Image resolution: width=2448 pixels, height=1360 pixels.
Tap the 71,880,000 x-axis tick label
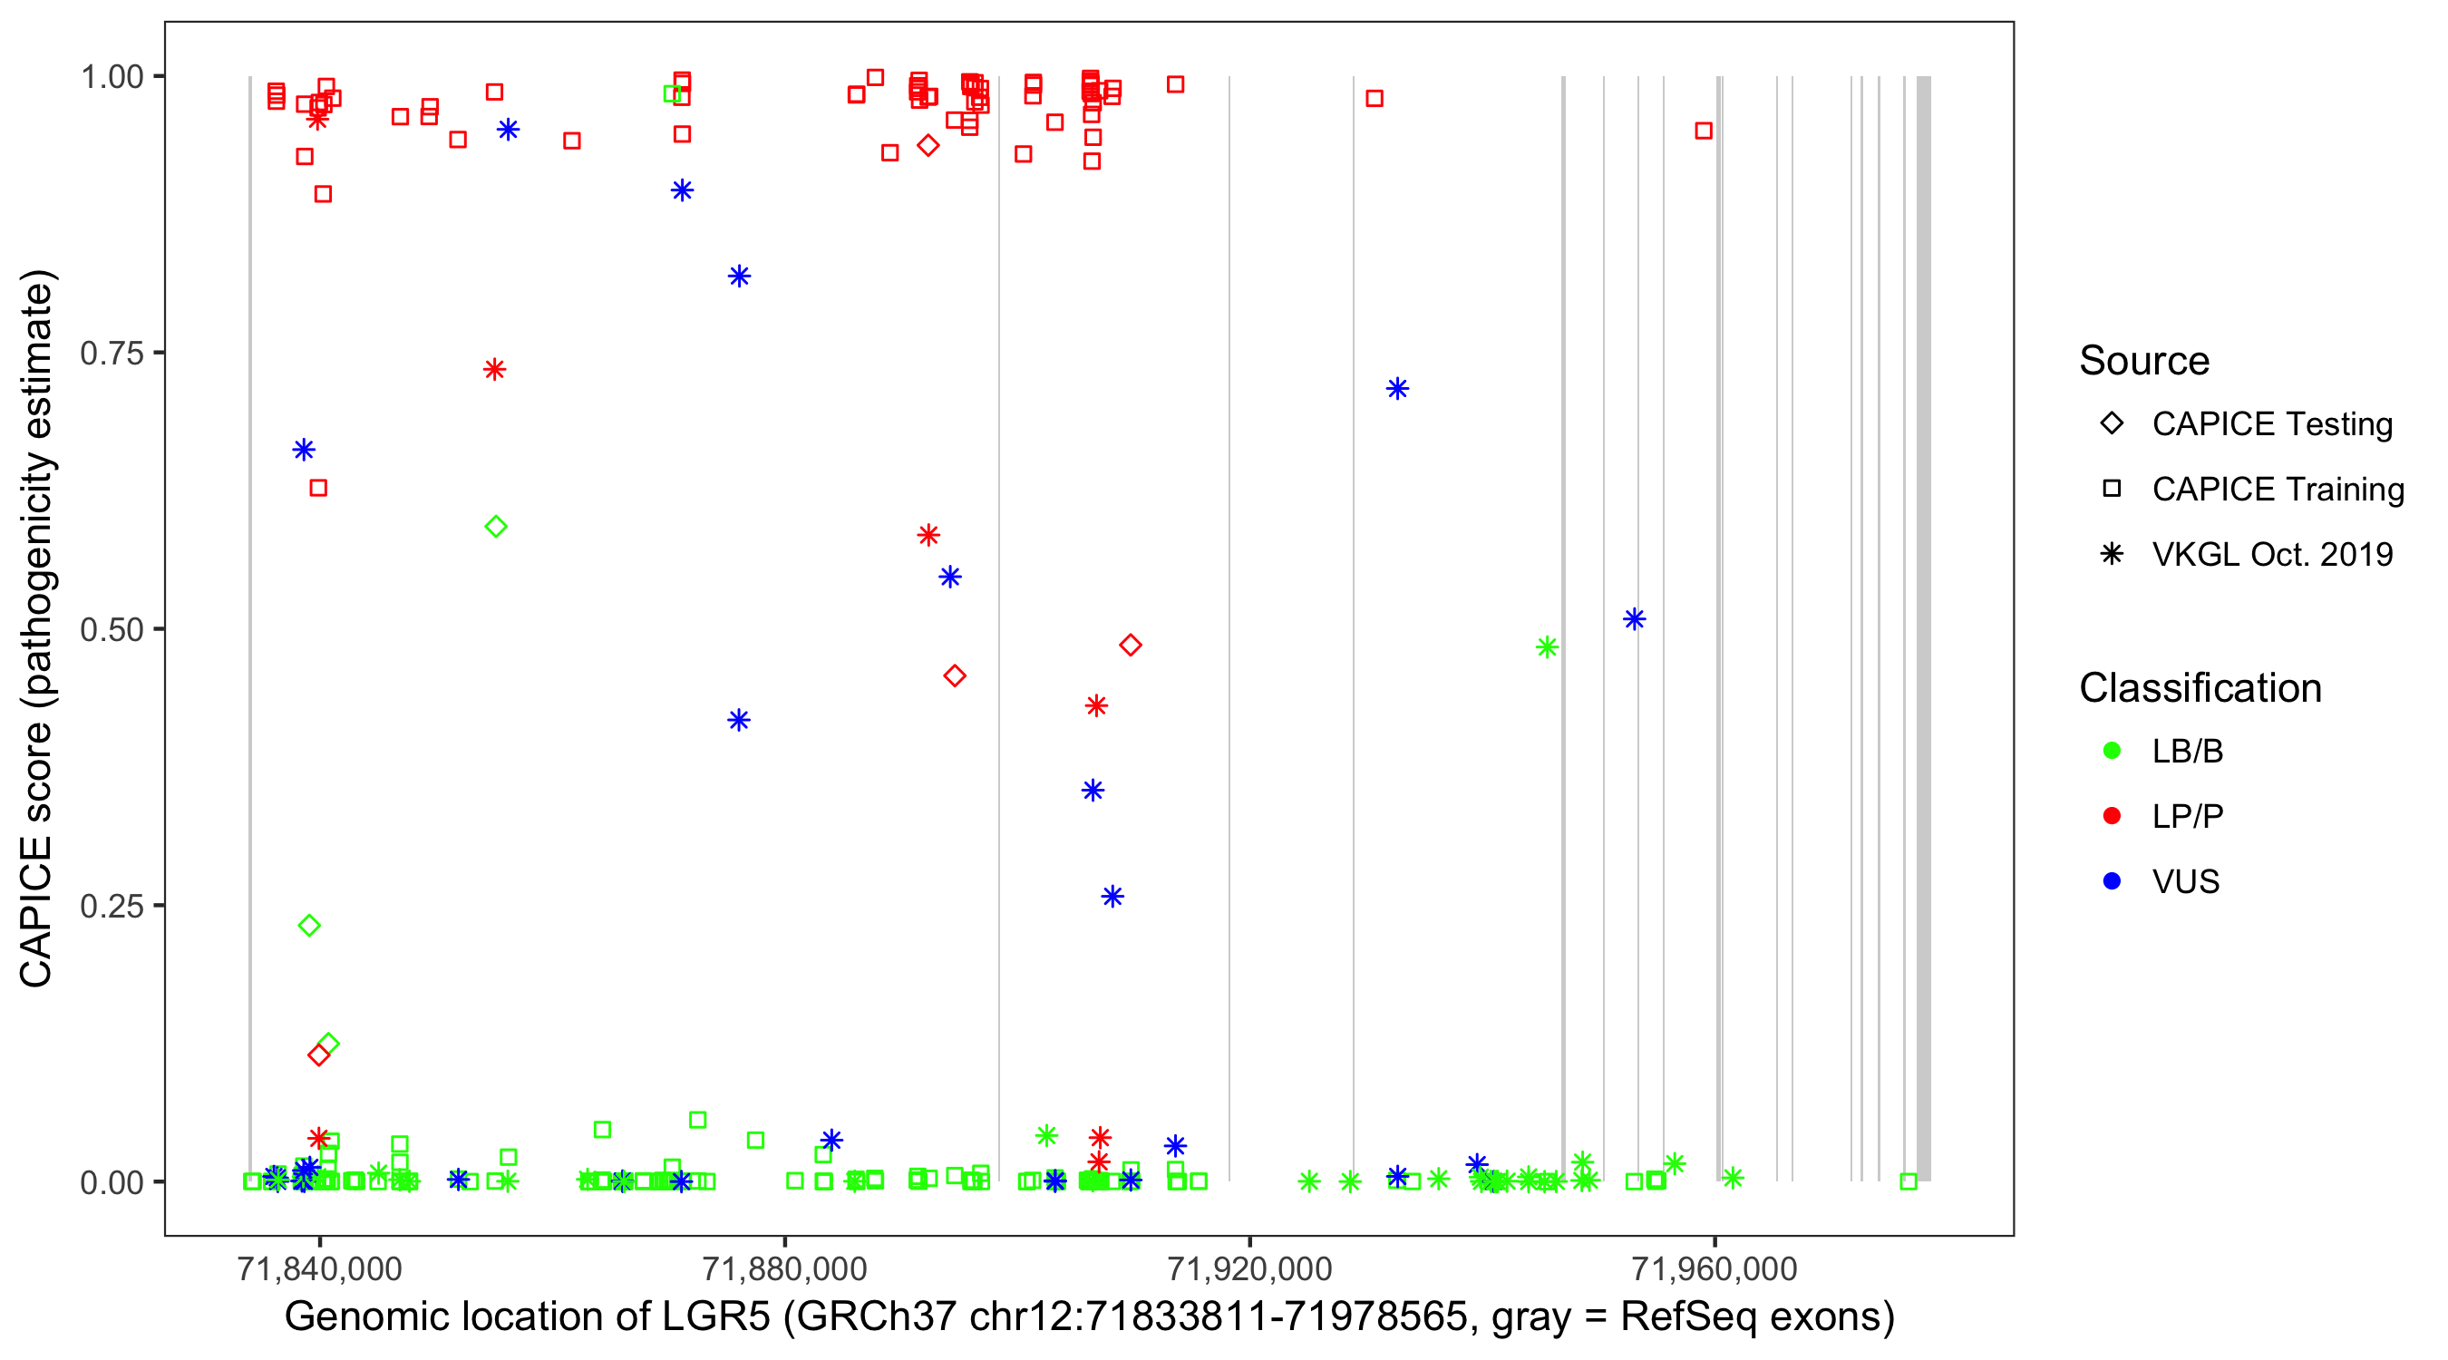(784, 1268)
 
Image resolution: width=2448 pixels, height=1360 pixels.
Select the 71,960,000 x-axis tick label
(1715, 1268)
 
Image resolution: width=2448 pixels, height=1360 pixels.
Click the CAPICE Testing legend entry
(2271, 424)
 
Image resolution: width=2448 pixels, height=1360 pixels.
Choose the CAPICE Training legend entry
(2277, 490)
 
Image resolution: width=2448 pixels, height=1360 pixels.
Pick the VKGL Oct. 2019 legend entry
(2271, 554)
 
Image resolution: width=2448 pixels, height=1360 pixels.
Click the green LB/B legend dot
(2112, 751)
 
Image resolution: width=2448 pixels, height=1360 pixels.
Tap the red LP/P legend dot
(2112, 816)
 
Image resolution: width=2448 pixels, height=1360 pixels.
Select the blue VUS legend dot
(2112, 881)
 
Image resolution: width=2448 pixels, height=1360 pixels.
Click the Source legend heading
(2144, 361)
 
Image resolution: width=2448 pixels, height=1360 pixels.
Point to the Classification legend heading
(2200, 688)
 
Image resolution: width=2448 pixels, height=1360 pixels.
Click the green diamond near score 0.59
(495, 527)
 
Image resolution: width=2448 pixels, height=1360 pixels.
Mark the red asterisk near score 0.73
(494, 370)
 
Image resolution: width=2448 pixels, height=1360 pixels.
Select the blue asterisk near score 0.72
(1397, 389)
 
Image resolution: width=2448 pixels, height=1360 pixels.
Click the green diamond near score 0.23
(309, 926)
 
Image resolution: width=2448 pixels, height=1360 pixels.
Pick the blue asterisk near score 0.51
(1634, 619)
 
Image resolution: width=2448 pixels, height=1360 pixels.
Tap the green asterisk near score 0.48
(1546, 648)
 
